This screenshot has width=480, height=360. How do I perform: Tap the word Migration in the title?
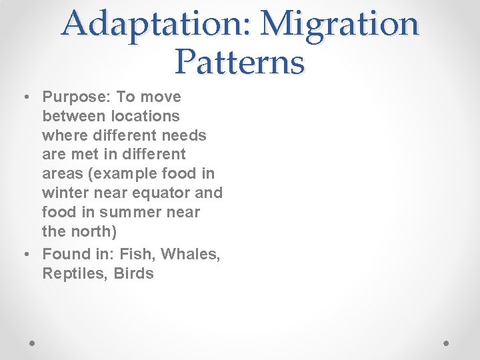[340, 24]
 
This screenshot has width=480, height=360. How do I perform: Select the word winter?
[65, 193]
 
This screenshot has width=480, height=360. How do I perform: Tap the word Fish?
[136, 254]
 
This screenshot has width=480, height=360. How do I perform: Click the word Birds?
[133, 273]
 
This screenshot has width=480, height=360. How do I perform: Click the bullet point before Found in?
[25, 255]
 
